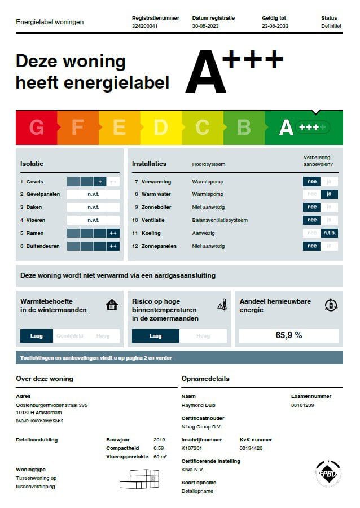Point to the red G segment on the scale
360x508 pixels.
tap(36, 128)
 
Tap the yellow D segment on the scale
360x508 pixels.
tap(160, 128)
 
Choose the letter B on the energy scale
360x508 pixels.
tap(243, 128)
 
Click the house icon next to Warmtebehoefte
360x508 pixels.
tap(112, 305)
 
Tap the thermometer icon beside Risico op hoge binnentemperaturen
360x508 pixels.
tap(222, 305)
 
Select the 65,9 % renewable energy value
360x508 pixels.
tap(288, 335)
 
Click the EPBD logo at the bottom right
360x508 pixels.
tap(327, 473)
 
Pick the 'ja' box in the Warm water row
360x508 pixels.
tap(329, 194)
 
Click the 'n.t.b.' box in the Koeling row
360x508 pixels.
tap(329, 233)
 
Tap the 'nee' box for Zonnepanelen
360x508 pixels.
tap(311, 246)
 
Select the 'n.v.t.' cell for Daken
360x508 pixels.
tap(93, 207)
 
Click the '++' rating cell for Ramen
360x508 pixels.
tap(113, 233)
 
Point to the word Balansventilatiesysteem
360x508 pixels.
tap(219, 220)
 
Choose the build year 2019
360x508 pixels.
tap(160, 439)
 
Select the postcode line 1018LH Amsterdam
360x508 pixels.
tap(38, 412)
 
